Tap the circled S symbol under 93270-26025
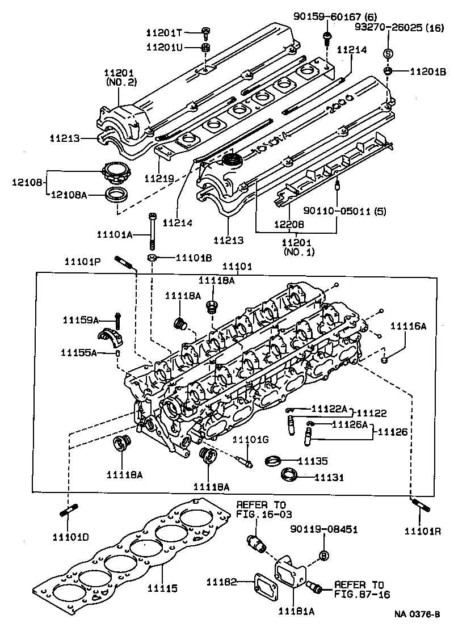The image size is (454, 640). pos(389,53)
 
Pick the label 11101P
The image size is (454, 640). pos(82,261)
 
